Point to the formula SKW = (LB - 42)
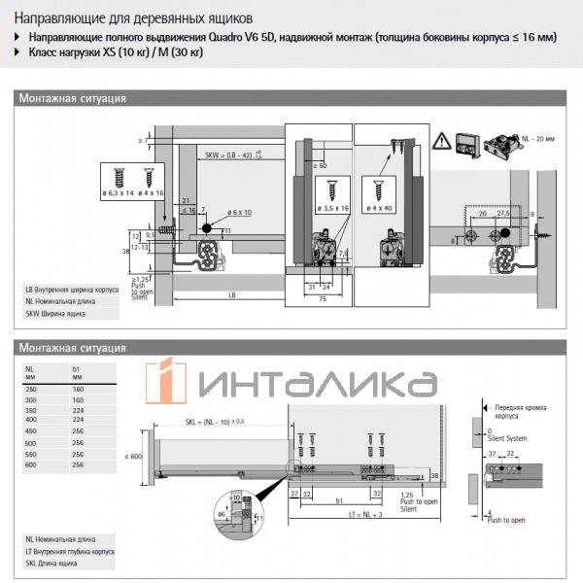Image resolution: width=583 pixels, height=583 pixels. (x=229, y=154)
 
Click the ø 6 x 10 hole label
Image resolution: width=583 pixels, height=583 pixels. (x=240, y=212)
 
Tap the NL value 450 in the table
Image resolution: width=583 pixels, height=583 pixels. (x=33, y=430)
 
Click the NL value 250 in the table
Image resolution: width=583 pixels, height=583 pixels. (x=33, y=388)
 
